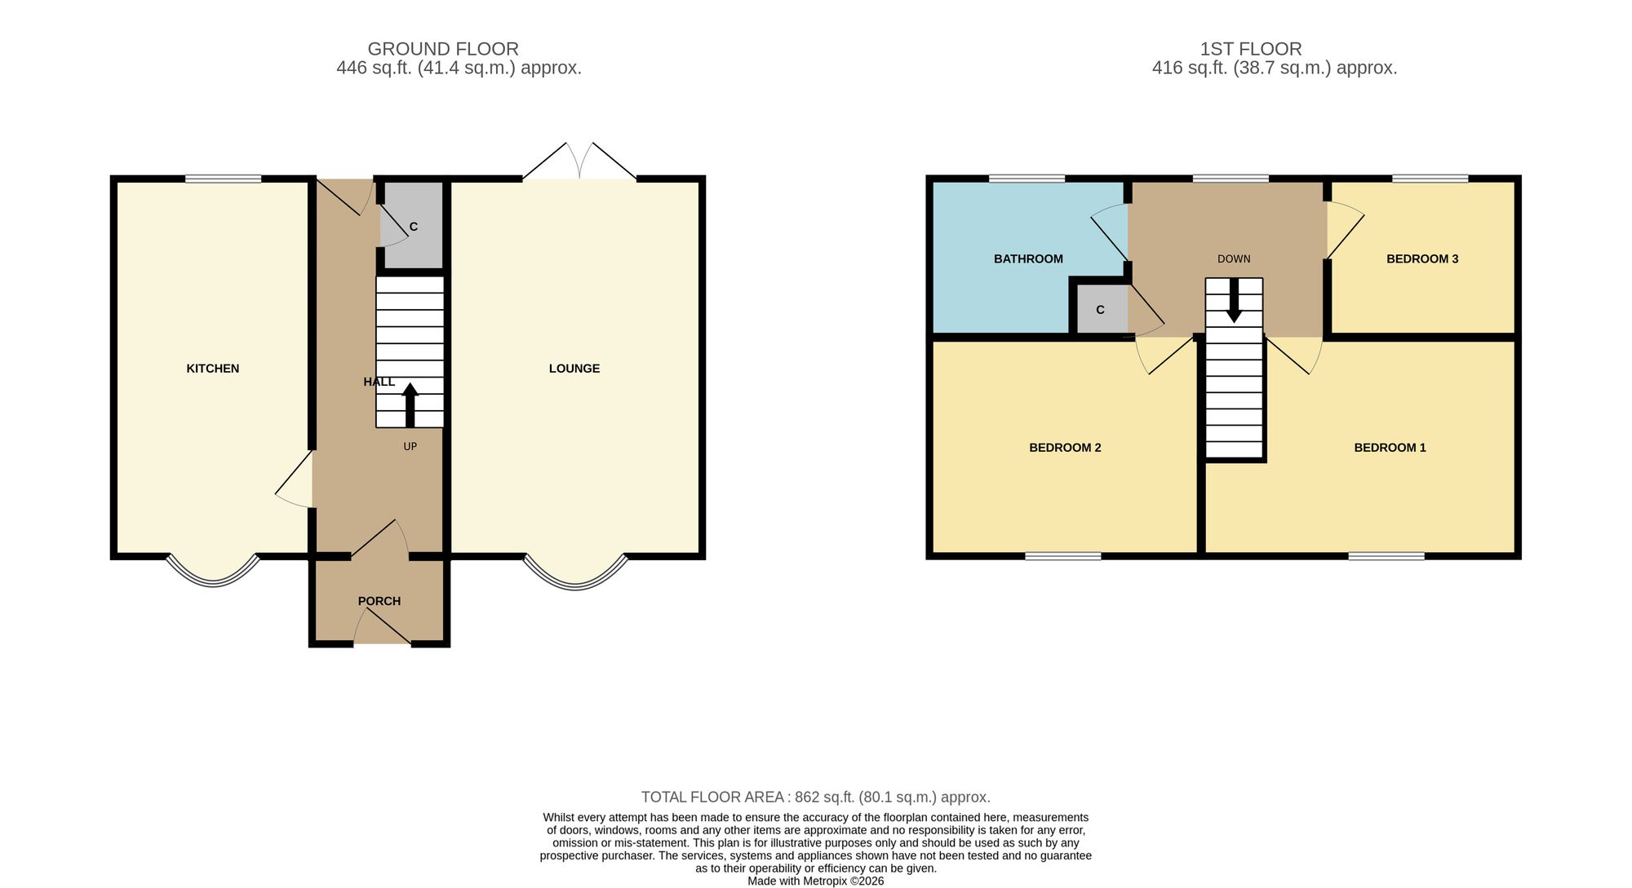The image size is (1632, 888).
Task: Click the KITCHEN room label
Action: coord(213,369)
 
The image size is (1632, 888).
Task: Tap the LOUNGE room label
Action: coord(574,369)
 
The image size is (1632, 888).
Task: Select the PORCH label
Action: coord(379,601)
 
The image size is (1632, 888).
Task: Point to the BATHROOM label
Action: coord(1028,258)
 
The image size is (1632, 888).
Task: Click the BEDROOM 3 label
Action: coord(1422,258)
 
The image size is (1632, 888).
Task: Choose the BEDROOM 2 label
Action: coord(1065,447)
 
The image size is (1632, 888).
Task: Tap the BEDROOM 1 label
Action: coord(1390,447)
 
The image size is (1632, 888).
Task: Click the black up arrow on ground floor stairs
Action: coord(410,404)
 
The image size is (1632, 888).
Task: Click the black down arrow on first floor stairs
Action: coord(1234,300)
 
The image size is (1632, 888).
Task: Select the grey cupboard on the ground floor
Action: coord(414,225)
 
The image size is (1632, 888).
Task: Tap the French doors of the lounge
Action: coord(579,161)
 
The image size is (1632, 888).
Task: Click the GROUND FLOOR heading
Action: coord(443,49)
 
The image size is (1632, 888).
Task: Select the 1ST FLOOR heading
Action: coord(1251,49)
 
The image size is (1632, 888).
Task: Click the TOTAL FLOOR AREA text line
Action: coord(816,797)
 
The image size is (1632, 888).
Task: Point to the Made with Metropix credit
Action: coord(816,881)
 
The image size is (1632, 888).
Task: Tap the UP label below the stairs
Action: coord(410,446)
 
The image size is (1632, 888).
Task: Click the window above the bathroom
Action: coord(1027,179)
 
